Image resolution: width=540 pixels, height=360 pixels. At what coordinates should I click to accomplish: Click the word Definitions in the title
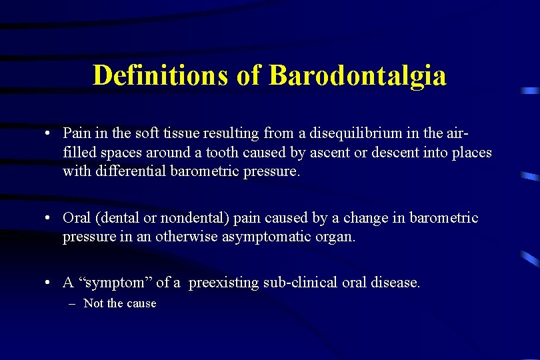point(161,75)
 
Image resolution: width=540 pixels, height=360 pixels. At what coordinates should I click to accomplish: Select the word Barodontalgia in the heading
point(357,75)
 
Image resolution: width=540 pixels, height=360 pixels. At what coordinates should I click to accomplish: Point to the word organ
point(337,237)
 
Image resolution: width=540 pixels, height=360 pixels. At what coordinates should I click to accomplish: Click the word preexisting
point(223,283)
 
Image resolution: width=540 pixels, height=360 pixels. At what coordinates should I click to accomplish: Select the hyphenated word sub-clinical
point(300,283)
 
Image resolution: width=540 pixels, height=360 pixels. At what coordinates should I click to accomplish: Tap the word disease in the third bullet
point(397,283)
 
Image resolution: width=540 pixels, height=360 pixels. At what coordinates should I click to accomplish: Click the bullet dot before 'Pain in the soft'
point(49,133)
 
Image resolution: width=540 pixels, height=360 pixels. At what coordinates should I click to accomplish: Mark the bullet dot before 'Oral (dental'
point(49,219)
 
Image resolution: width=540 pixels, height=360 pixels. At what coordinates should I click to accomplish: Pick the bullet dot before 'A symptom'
point(49,283)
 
